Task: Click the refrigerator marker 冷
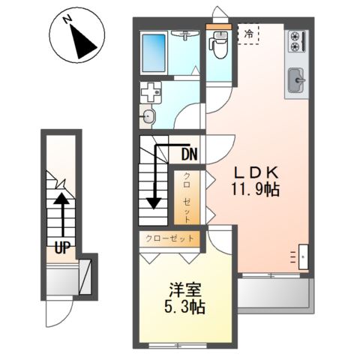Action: pyautogui.click(x=247, y=34)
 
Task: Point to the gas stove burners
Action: pyautogui.click(x=295, y=41)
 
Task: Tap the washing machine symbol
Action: pyautogui.click(x=151, y=93)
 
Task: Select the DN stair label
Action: pyautogui.click(x=189, y=155)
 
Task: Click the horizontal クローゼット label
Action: pyautogui.click(x=169, y=239)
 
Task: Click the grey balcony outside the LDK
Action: pyautogui.click(x=274, y=295)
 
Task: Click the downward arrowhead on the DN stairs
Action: pyautogui.click(x=154, y=202)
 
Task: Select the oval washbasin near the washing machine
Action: pyautogui.click(x=148, y=116)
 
